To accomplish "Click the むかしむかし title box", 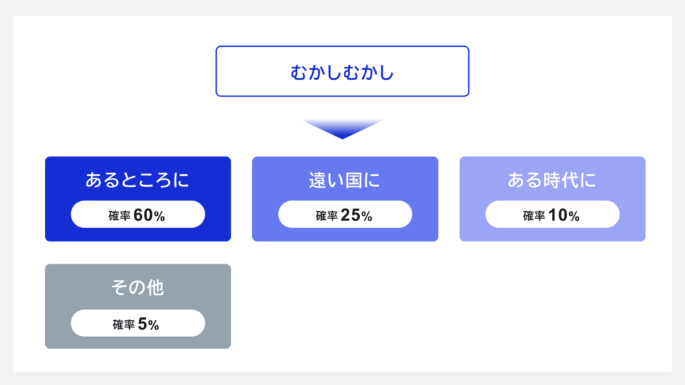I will point(342,72).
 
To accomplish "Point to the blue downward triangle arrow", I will point(342,128).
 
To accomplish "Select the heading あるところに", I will point(138,180).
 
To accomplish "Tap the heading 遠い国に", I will point(345,180).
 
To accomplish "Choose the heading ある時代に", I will point(552,180).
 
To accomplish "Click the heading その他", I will point(138,288).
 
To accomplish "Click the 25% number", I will point(357,215).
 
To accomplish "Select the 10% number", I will point(564,215).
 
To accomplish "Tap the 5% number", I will point(149,324).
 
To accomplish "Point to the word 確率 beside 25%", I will point(326,216).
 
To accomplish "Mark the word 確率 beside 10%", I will point(534,216).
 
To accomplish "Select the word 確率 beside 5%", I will point(124,325).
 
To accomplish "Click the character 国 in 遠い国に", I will point(355,180).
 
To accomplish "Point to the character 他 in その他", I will point(155,288).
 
